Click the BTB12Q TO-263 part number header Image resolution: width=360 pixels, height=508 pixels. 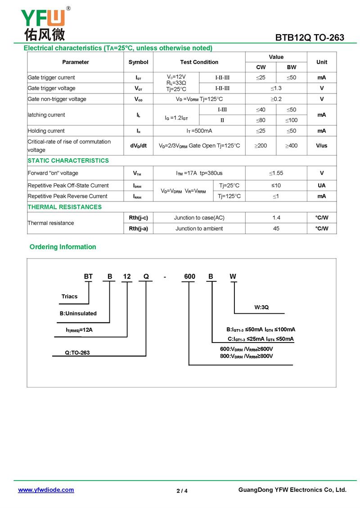point(310,38)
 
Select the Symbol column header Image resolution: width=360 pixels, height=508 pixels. point(138,62)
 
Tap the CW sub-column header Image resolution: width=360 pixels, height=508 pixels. point(261,67)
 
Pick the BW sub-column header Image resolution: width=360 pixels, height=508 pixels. point(292,67)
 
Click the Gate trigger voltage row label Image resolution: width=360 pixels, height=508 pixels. point(52,88)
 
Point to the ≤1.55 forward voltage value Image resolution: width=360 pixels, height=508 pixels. point(276,173)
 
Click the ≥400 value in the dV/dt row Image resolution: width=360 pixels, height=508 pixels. point(292,146)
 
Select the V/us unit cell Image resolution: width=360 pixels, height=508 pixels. point(322,146)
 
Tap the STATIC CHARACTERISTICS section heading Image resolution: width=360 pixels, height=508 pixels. point(68,160)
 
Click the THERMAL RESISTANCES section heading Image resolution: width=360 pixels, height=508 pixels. point(65,207)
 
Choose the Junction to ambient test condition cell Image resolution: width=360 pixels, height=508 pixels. point(199,228)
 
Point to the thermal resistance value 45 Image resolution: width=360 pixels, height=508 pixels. point(276,228)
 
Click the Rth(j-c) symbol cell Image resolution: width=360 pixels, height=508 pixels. point(138,218)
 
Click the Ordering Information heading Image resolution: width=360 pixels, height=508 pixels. point(63,247)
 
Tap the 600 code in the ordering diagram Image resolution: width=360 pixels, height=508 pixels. point(189,276)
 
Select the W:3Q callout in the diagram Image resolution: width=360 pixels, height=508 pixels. point(261,307)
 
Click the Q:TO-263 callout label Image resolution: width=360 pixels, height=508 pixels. point(77,353)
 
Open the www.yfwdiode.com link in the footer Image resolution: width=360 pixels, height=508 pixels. point(46,490)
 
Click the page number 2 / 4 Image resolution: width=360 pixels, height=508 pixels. point(182,491)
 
